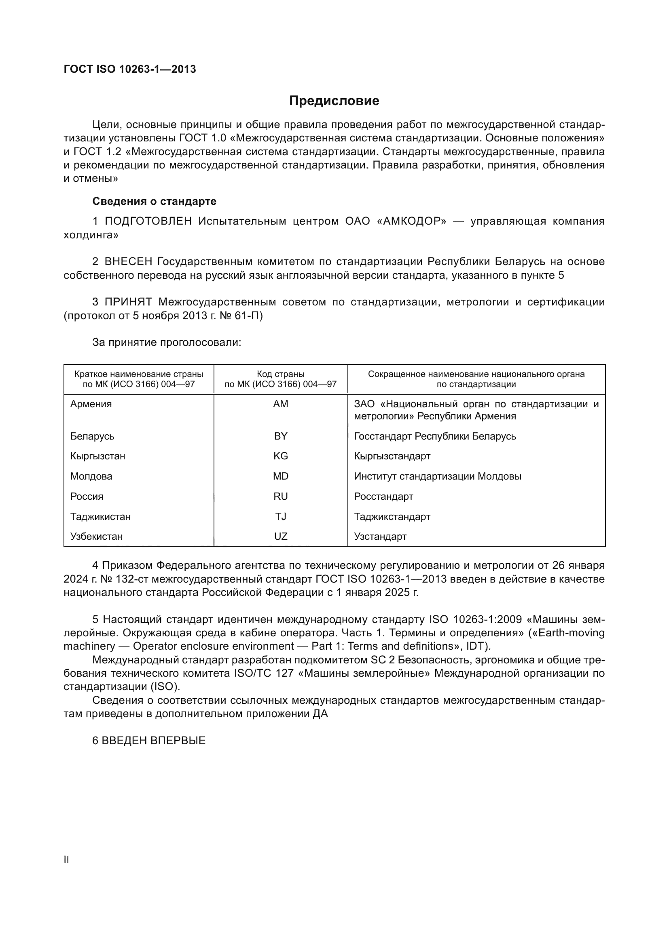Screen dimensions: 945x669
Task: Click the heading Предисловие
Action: point(334,101)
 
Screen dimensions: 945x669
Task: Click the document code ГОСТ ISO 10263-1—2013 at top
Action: point(130,69)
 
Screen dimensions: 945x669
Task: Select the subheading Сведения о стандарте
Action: point(154,201)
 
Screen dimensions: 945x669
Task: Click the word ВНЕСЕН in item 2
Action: point(128,262)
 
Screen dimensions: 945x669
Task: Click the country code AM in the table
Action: point(281,404)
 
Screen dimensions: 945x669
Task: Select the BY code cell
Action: point(281,436)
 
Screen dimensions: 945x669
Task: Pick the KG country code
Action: point(281,456)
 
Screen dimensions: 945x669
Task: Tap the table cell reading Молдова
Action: point(91,476)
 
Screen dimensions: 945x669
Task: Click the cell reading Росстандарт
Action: point(383,497)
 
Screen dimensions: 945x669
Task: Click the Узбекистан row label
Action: point(96,537)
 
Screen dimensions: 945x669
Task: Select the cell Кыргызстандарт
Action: point(392,456)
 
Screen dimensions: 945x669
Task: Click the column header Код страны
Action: point(281,374)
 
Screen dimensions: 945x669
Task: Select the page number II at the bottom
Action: point(66,860)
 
